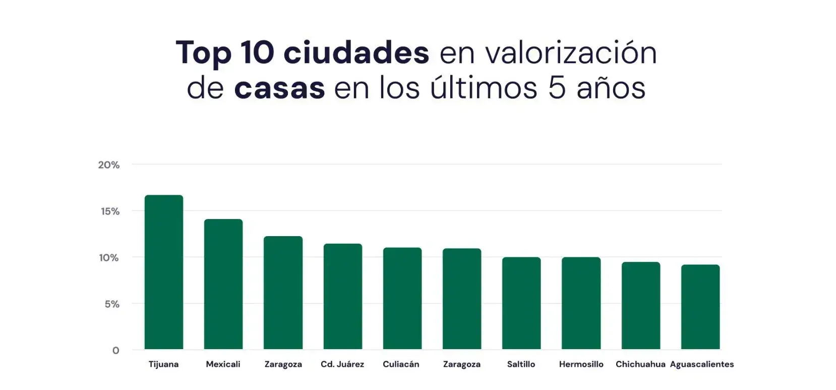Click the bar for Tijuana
coord(163,272)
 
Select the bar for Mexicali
coord(223,284)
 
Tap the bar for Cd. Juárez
coord(342,297)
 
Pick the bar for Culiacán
coord(402,299)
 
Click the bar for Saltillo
coord(521,303)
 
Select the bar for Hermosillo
coord(581,303)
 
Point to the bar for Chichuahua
coord(640,306)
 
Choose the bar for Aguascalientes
coord(700,307)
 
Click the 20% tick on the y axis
coord(108,165)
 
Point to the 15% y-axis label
coord(110,211)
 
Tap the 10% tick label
coord(108,258)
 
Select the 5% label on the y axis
coord(112,304)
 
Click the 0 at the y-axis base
coord(115,351)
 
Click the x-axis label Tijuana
coord(163,364)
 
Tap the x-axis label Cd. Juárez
coord(342,364)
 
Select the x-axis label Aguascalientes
coord(701,364)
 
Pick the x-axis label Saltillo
coord(521,364)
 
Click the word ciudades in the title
coord(356,52)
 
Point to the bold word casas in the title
coord(279,88)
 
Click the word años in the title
coord(611,88)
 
